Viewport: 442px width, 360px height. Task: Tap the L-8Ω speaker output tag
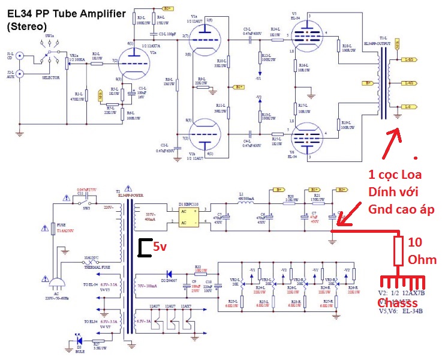(409, 59)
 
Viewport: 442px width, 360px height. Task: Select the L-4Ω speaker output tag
(409, 83)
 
